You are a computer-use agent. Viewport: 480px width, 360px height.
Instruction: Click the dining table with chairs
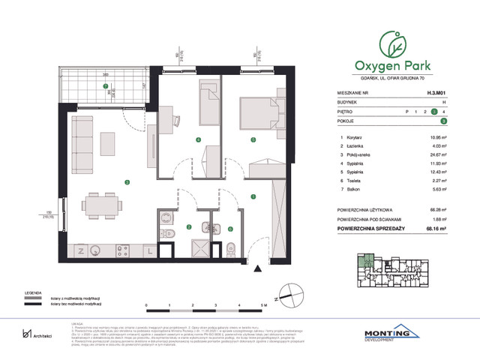(103, 204)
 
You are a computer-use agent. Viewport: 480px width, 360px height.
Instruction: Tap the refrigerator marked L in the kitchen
(150, 250)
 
